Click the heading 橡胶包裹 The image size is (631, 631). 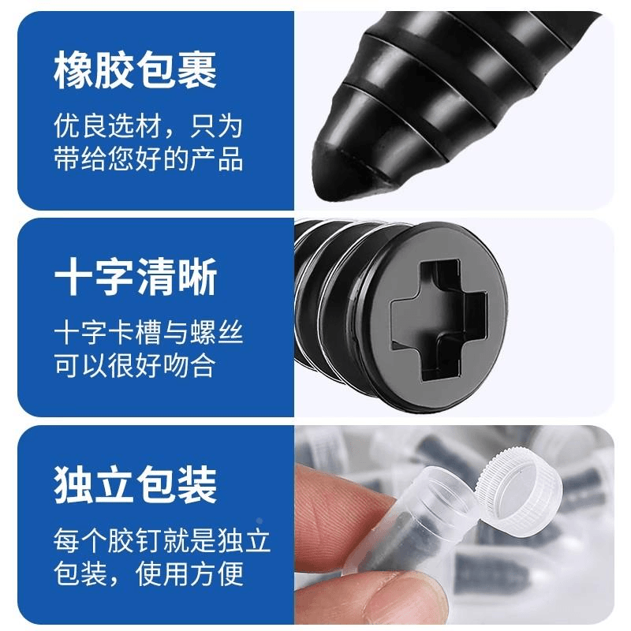coord(136,69)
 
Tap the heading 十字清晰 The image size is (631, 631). coord(136,277)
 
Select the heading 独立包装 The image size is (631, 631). coord(136,484)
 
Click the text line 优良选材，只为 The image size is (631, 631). coord(148,126)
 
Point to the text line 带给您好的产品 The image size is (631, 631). coord(148,159)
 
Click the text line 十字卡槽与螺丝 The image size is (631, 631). coord(148,333)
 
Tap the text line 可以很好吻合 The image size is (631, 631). coord(135,365)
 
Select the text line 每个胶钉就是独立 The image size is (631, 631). coord(162,540)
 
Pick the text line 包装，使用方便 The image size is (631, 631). coord(148,573)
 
